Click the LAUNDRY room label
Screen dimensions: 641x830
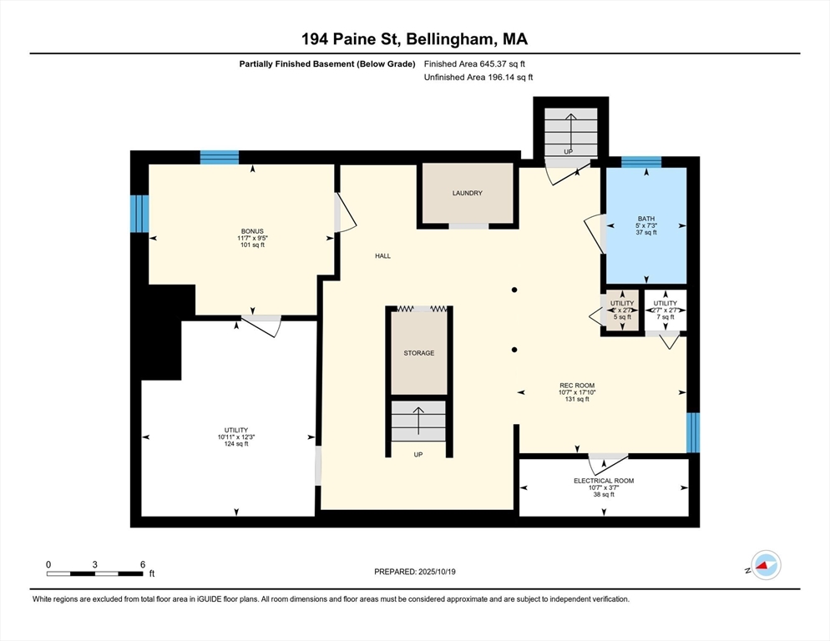click(467, 193)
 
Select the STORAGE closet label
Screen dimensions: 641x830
click(418, 353)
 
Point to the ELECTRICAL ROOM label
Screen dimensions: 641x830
click(603, 481)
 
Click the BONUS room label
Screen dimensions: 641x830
click(252, 230)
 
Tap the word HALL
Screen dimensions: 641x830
click(382, 256)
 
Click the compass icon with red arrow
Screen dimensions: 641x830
click(765, 565)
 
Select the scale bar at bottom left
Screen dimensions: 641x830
click(94, 573)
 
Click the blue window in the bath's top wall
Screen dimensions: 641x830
click(641, 162)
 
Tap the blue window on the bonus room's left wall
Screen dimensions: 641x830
click(139, 213)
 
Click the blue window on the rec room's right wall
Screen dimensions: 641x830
click(692, 432)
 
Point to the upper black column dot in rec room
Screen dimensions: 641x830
click(515, 290)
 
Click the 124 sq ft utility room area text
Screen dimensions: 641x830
click(235, 444)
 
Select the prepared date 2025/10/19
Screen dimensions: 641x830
click(414, 572)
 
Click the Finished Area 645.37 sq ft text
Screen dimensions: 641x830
click(474, 63)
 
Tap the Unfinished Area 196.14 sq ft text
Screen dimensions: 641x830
click(478, 77)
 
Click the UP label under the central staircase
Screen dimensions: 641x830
click(418, 455)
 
